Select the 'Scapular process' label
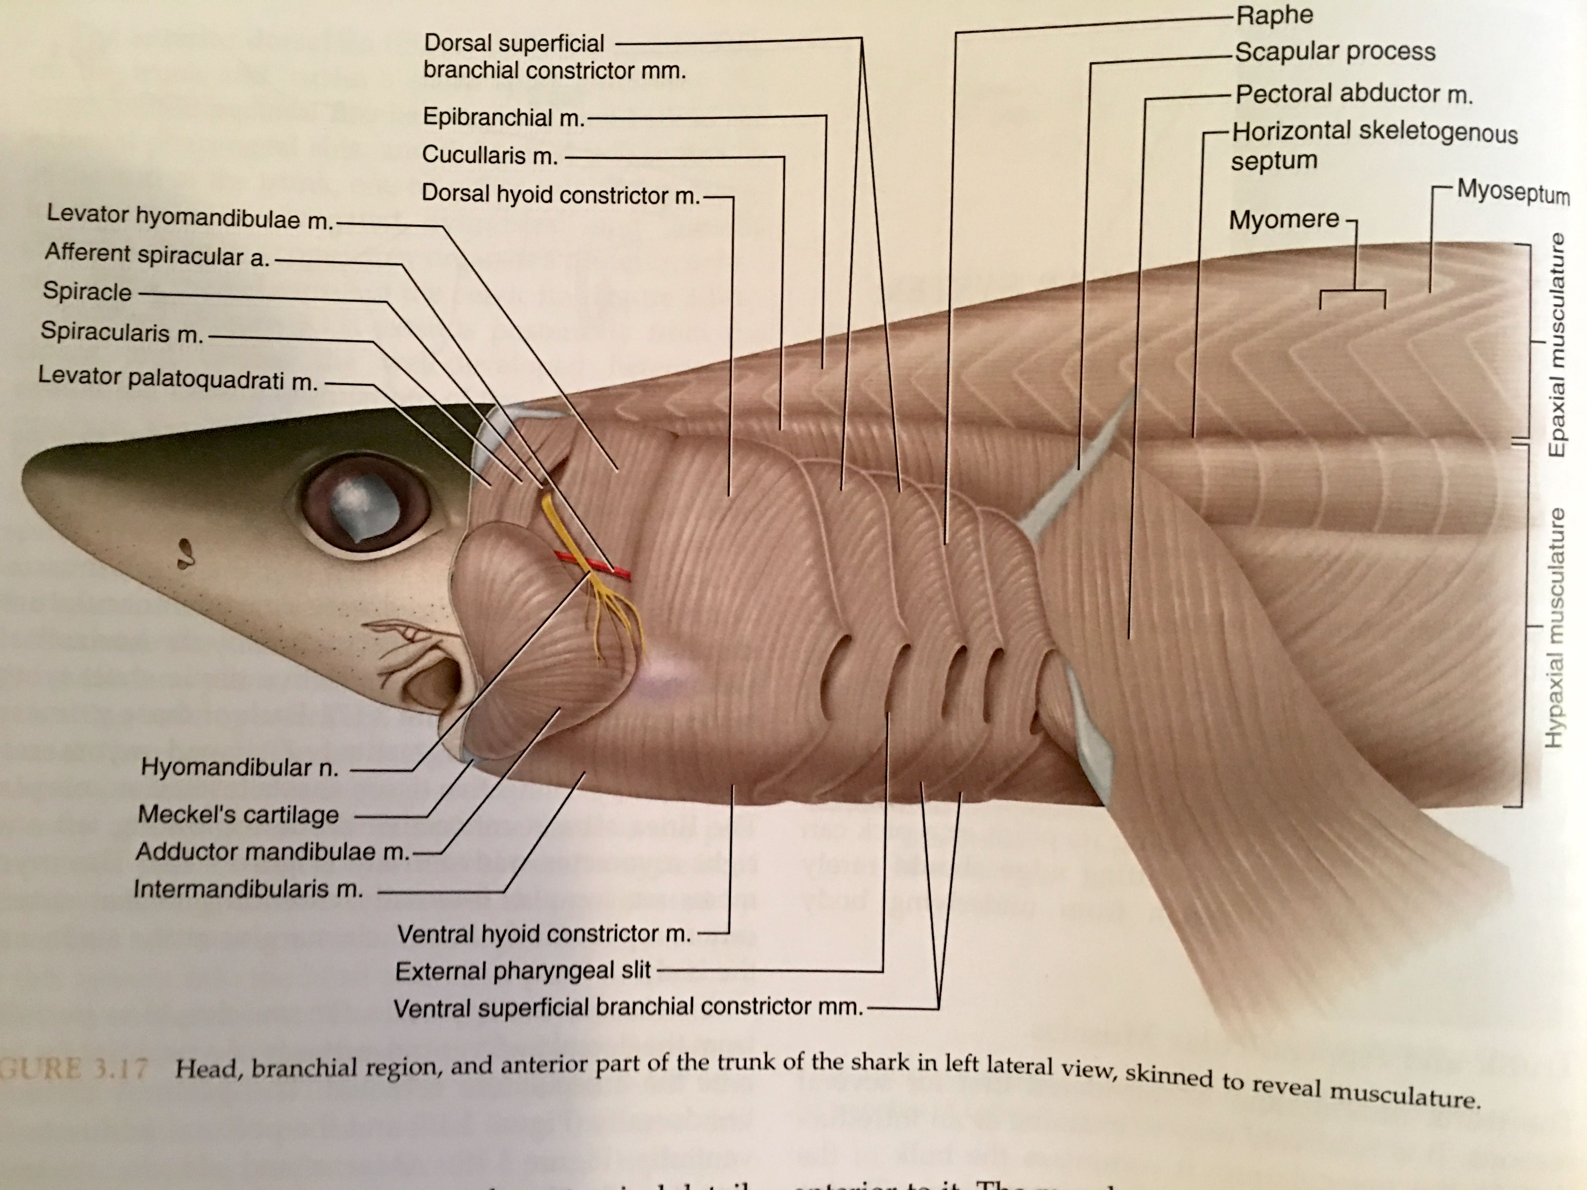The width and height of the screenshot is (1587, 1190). (x=1334, y=52)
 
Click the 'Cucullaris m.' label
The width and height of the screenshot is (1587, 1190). (x=490, y=155)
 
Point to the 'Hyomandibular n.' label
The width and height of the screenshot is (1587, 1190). (x=239, y=767)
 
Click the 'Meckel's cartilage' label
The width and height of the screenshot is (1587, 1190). (x=238, y=814)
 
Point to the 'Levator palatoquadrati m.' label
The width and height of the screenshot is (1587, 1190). (x=178, y=378)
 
